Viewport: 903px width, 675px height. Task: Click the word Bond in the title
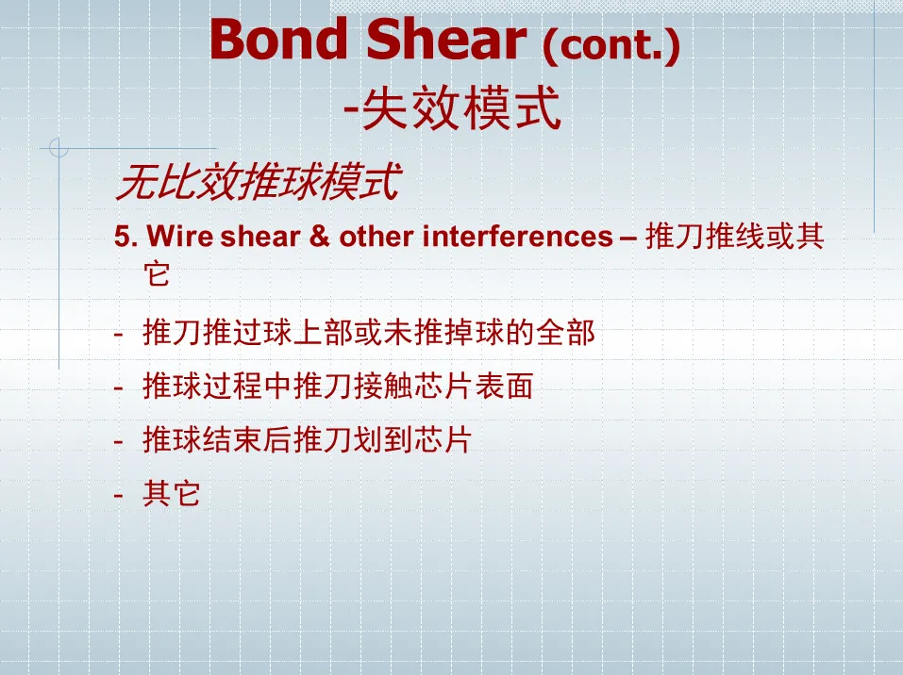tap(279, 39)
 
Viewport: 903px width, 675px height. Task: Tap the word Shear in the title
tap(446, 39)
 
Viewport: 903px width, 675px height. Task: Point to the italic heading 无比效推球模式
tap(258, 182)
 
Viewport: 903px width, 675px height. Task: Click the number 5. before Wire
tap(126, 237)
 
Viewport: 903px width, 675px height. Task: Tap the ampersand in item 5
tap(320, 237)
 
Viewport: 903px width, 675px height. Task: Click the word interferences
tap(517, 237)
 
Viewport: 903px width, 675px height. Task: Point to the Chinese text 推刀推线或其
tap(735, 237)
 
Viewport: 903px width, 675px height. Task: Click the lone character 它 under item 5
tap(157, 273)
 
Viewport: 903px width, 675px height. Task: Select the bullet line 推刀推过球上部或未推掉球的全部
tap(369, 332)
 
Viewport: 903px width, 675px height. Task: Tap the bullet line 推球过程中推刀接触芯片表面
tap(338, 386)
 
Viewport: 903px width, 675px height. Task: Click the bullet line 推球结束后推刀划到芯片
tap(307, 440)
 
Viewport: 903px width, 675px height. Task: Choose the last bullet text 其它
tap(171, 494)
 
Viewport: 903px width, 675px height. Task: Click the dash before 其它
tap(119, 495)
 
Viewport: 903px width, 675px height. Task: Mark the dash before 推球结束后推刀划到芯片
tap(119, 441)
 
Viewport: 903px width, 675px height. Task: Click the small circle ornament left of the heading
tap(59, 148)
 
